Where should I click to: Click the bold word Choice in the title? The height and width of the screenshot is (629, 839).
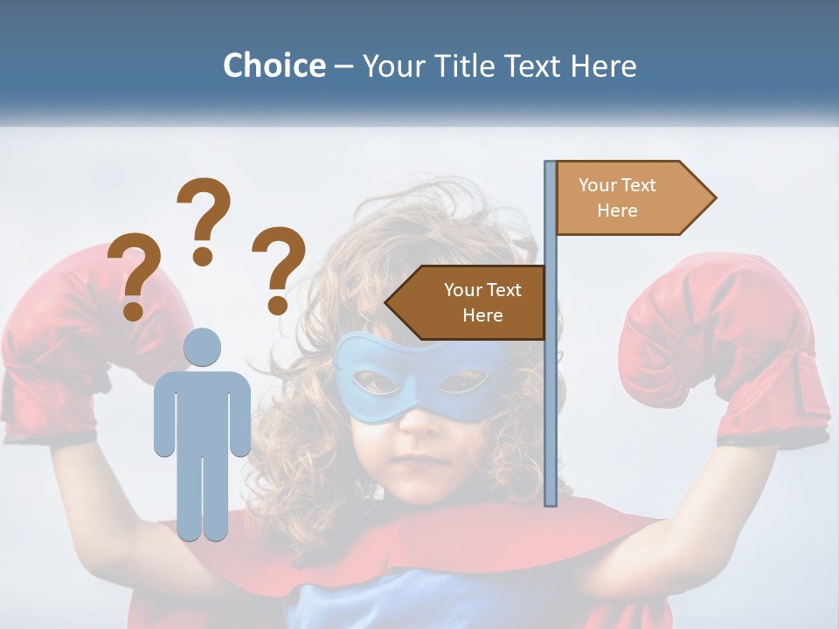tap(274, 66)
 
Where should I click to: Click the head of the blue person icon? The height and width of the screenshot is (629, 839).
tap(202, 347)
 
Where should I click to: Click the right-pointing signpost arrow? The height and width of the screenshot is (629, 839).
tap(629, 197)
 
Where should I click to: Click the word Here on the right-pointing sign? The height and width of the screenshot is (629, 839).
tap(617, 211)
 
